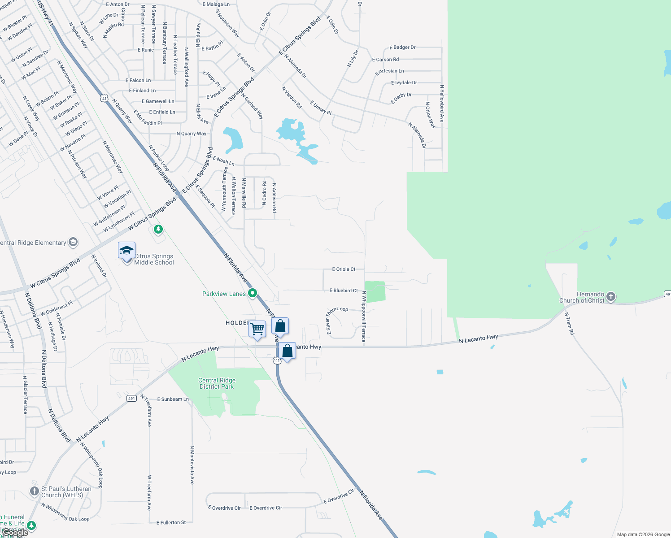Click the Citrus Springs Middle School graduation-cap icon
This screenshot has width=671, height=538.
click(126, 250)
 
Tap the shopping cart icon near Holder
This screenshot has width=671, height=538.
click(257, 329)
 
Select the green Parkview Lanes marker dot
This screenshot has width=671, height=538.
click(253, 293)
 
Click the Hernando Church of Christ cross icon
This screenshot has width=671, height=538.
click(610, 297)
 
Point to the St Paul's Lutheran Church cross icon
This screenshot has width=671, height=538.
click(35, 491)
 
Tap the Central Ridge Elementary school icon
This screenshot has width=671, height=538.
click(73, 243)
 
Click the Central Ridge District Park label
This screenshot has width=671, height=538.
click(217, 383)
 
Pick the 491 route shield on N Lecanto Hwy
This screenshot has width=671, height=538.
click(131, 398)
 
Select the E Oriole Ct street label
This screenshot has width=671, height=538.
click(344, 269)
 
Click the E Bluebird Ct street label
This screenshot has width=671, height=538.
click(344, 291)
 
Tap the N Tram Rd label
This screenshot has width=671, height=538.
click(569, 324)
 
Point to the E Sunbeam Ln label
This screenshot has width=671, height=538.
click(173, 399)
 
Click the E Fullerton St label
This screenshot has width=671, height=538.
click(171, 523)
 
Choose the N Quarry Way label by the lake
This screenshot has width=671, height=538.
click(192, 134)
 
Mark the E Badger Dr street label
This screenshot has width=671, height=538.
click(402, 47)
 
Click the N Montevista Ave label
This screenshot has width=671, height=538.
click(192, 464)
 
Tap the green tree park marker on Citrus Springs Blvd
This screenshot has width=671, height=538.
click(158, 230)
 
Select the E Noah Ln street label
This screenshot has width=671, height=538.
click(223, 160)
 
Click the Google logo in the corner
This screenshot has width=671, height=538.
click(15, 533)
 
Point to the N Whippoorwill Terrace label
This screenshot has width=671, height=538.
click(364, 317)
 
